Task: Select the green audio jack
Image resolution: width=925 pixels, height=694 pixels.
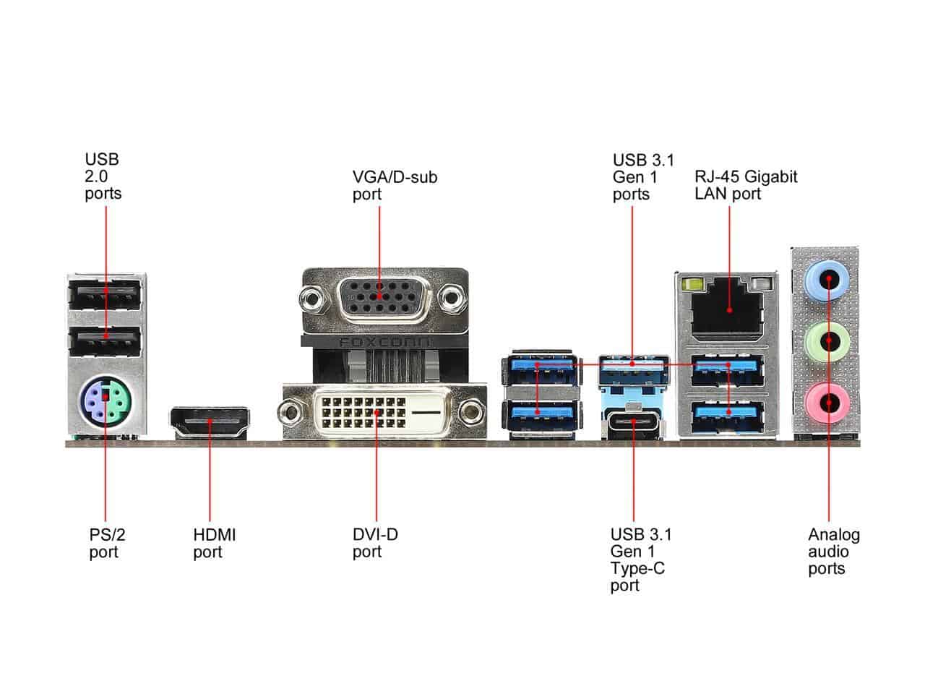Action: [x=828, y=338]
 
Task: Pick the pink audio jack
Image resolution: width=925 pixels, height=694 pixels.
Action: [x=828, y=400]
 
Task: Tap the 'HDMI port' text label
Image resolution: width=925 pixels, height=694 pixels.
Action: [x=214, y=544]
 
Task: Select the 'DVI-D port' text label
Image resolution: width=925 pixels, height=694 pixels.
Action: [x=375, y=544]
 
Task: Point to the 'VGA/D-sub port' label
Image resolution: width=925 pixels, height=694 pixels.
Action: [x=395, y=185]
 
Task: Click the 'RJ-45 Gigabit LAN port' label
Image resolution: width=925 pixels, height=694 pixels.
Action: [x=746, y=185]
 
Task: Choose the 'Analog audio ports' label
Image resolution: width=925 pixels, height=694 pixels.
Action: [x=833, y=552]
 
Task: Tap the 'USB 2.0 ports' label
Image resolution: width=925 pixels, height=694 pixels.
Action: [x=103, y=176]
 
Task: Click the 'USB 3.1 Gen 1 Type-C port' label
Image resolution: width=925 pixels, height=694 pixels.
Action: [x=640, y=560]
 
